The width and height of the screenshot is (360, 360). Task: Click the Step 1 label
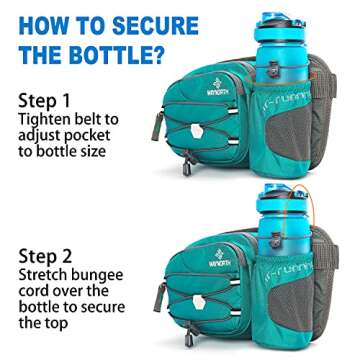[43, 101]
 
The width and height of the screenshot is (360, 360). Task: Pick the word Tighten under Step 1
[48, 121]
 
